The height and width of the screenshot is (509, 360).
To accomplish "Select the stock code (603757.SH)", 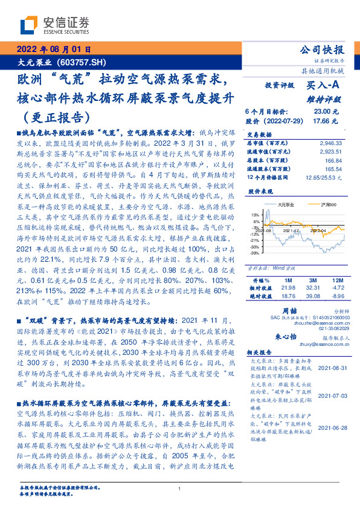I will pos(83,62).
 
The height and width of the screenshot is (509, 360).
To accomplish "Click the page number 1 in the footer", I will pos(179,488).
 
